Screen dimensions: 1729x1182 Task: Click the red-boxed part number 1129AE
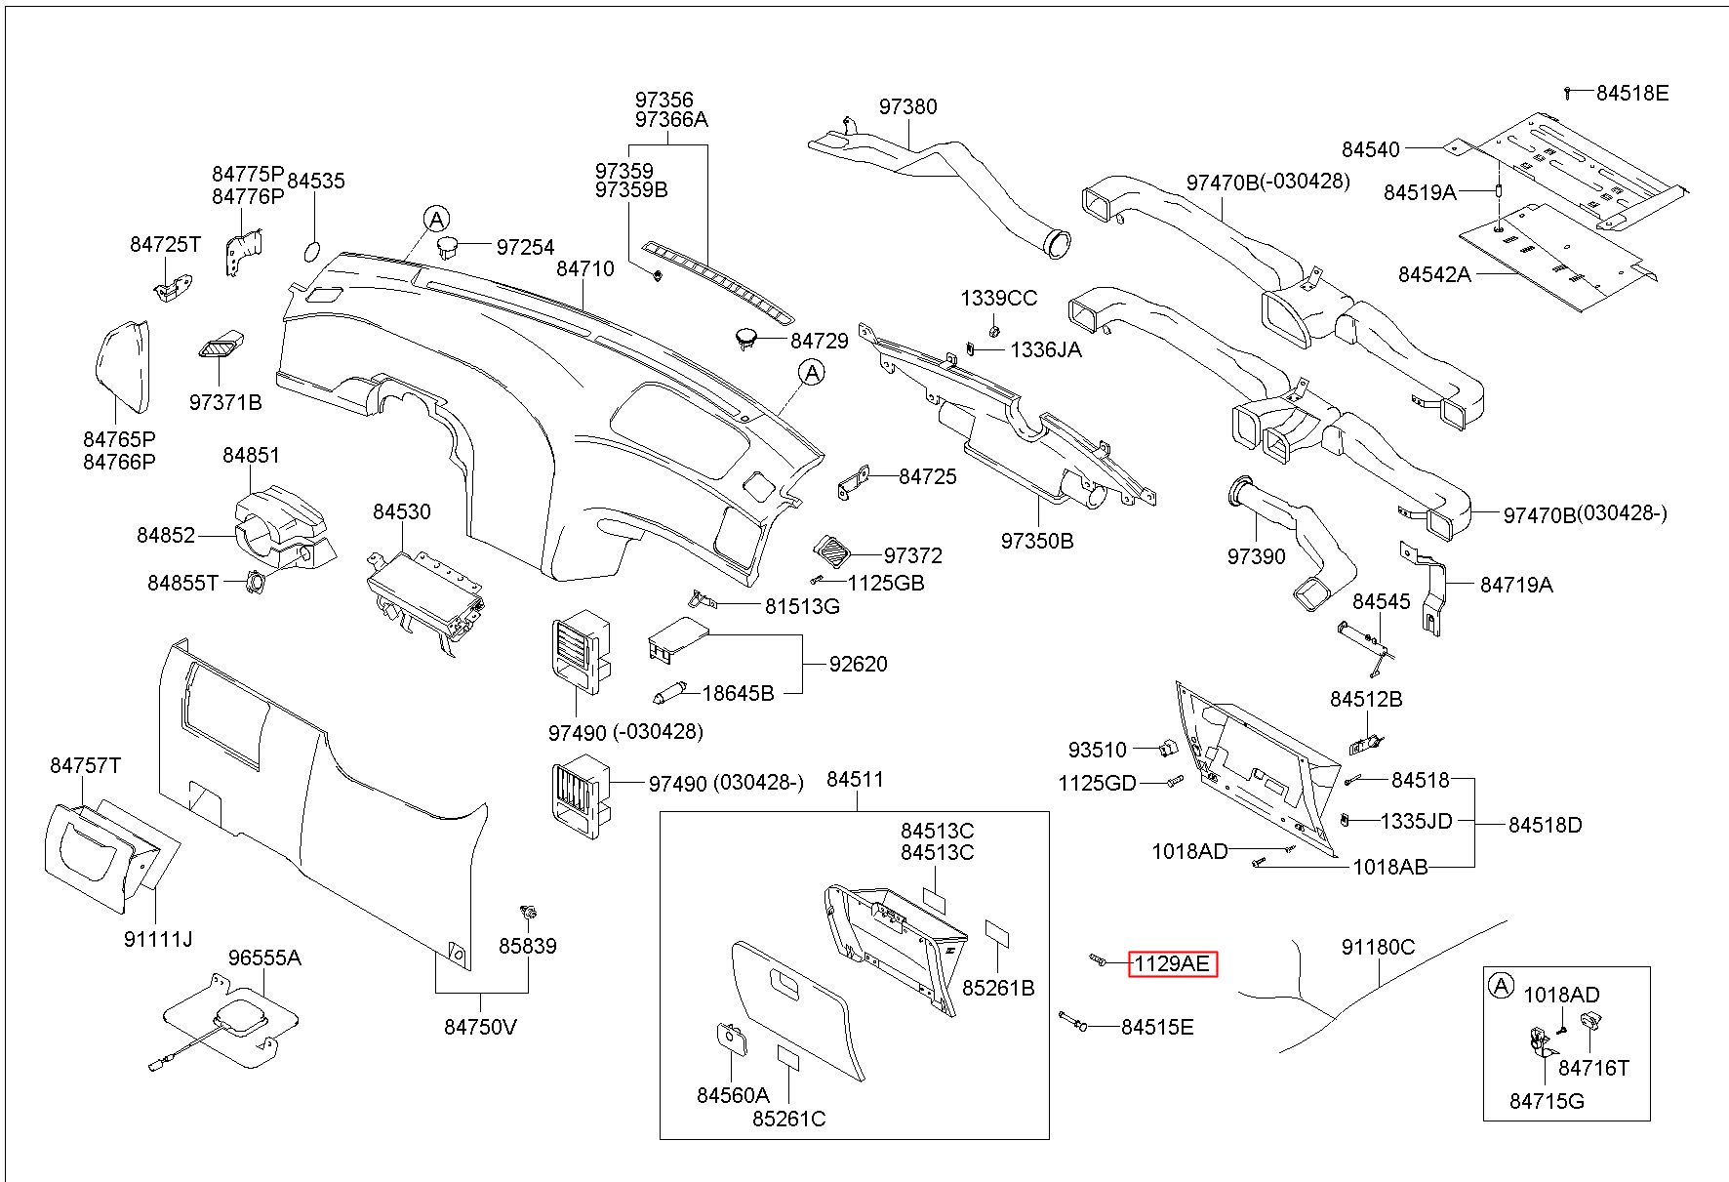pos(1172,964)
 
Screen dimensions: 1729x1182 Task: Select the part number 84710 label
pos(584,268)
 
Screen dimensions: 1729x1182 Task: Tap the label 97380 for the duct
pos(907,106)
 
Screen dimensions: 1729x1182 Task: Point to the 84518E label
pos(1632,93)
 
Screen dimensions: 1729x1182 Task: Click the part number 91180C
pos(1378,947)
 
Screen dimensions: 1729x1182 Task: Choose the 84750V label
pos(480,1027)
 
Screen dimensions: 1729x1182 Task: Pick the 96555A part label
pos(264,958)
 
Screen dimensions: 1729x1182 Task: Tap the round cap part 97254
pos(448,245)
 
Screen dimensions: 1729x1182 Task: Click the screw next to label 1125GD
pos(1174,781)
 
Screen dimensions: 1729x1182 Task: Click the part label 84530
pos(401,511)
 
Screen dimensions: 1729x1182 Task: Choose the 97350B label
pos(1037,540)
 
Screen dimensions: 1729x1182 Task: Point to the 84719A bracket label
pos(1516,585)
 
